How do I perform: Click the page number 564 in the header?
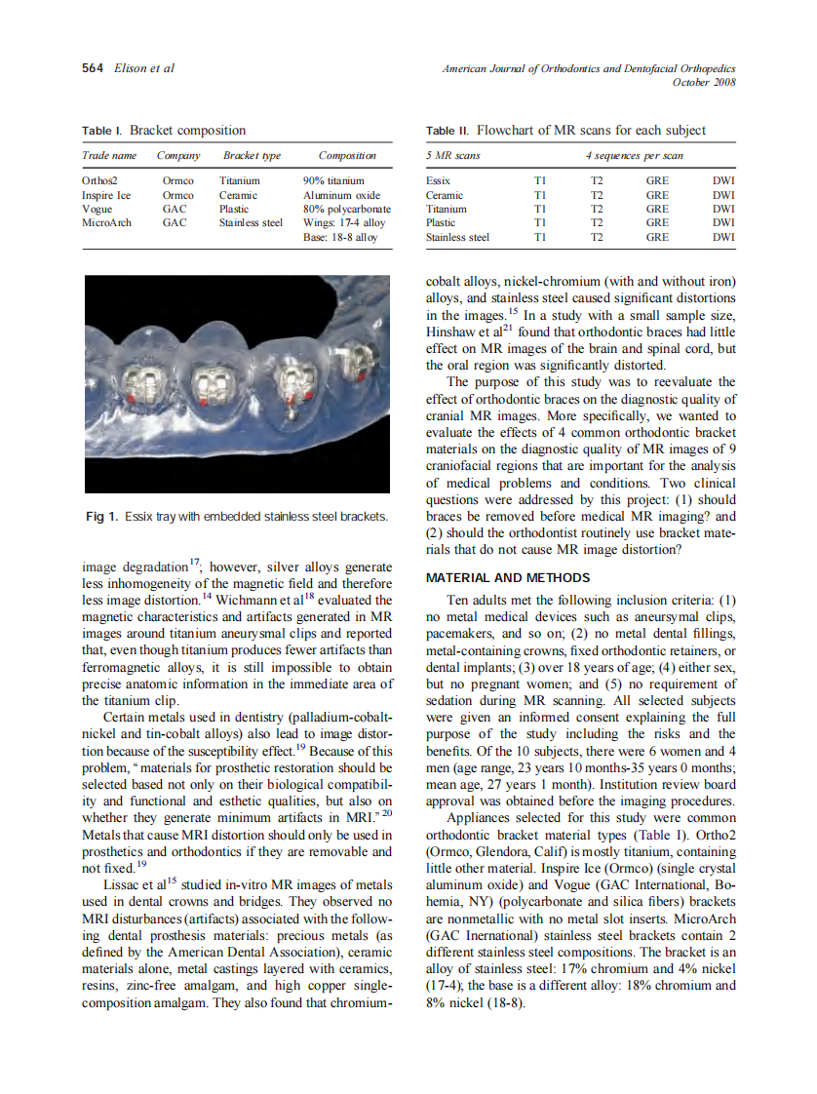(x=93, y=68)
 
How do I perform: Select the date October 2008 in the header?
(x=704, y=82)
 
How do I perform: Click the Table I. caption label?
(x=102, y=131)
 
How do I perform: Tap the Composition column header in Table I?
(x=347, y=156)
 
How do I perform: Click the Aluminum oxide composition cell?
(x=341, y=195)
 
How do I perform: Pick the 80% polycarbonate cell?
(x=347, y=209)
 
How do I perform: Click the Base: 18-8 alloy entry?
(x=340, y=237)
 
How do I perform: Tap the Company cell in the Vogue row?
(x=175, y=209)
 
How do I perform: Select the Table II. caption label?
(x=447, y=131)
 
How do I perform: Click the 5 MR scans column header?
(x=453, y=156)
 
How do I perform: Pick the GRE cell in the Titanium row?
(x=657, y=209)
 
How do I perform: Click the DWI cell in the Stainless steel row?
(x=723, y=237)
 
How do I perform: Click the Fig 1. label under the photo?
(x=102, y=516)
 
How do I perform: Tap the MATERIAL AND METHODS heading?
(x=508, y=577)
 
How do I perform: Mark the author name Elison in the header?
(x=130, y=68)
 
